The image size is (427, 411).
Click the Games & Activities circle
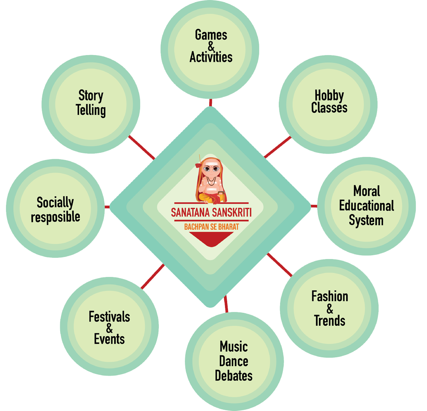pyautogui.click(x=210, y=46)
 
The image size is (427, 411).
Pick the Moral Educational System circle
pyautogui.click(x=366, y=206)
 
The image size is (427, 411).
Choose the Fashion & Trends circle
pyautogui.click(x=329, y=308)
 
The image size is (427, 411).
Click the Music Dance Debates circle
pyautogui.click(x=234, y=361)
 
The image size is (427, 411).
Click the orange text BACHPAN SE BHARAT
pyautogui.click(x=211, y=227)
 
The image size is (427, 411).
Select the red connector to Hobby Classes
pyautogui.click(x=278, y=146)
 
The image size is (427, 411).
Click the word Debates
pyautogui.click(x=234, y=376)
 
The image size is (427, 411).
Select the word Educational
pyautogui.click(x=366, y=206)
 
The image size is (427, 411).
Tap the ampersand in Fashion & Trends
pyautogui.click(x=329, y=309)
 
